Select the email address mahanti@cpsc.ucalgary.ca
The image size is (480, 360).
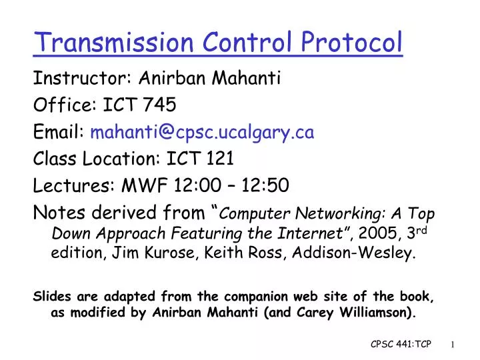click(202, 133)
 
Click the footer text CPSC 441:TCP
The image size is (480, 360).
click(401, 343)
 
